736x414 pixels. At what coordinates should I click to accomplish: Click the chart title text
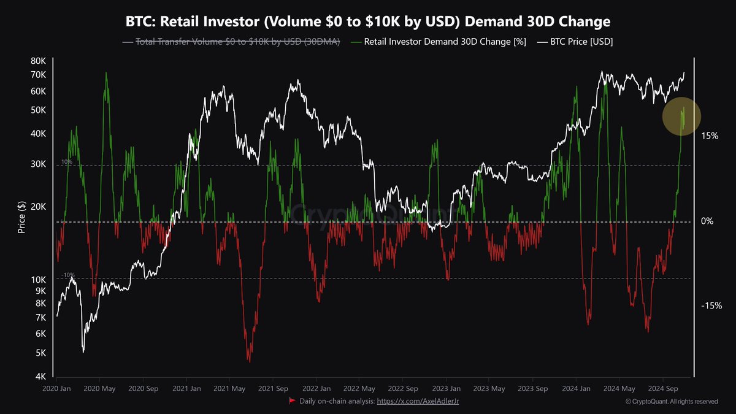(x=368, y=22)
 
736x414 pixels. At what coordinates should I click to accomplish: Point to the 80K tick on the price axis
(x=38, y=61)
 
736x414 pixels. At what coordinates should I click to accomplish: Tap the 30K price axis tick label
(x=38, y=164)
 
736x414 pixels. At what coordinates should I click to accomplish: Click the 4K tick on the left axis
(x=40, y=377)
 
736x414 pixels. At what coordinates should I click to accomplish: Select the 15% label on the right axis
(x=710, y=136)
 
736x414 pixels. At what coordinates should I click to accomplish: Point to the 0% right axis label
(x=707, y=221)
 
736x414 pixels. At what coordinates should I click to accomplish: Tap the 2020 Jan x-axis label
(x=56, y=389)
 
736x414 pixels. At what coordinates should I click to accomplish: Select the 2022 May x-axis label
(x=360, y=389)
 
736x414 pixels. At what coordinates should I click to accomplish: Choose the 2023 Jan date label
(x=447, y=389)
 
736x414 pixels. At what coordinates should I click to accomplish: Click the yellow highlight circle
(x=681, y=117)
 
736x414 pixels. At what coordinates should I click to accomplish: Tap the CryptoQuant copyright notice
(x=672, y=402)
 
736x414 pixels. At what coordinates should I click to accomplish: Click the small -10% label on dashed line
(x=67, y=275)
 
